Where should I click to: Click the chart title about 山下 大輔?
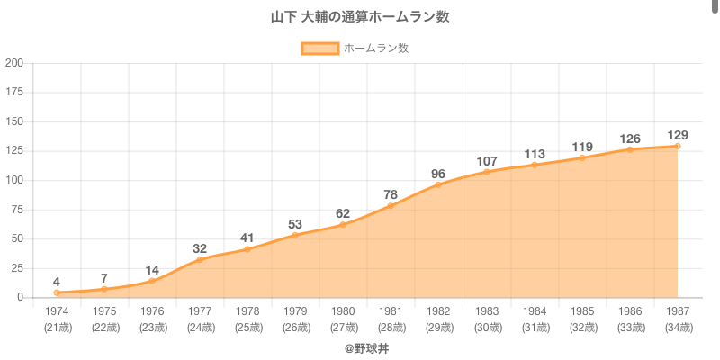pyautogui.click(x=360, y=17)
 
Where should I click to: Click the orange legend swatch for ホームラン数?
pyautogui.click(x=319, y=49)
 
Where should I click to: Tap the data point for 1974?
pyautogui.click(x=57, y=292)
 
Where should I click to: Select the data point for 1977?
pyautogui.click(x=200, y=259)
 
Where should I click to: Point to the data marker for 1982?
pyautogui.click(x=438, y=184)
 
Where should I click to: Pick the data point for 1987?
pyautogui.click(x=677, y=146)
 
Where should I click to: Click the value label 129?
pyautogui.click(x=677, y=134)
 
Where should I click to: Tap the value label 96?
pyautogui.click(x=438, y=174)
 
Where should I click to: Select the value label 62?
pyautogui.click(x=343, y=213)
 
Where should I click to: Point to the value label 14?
pyautogui.click(x=152, y=270)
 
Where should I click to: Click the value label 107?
pyautogui.click(x=486, y=161)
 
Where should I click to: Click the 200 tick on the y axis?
pyautogui.click(x=14, y=63)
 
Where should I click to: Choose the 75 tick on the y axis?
pyautogui.click(x=17, y=209)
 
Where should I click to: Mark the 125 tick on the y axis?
pyautogui.click(x=14, y=150)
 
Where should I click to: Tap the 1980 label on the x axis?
pyautogui.click(x=343, y=310)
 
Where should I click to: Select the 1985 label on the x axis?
pyautogui.click(x=581, y=310)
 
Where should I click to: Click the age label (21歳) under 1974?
pyautogui.click(x=57, y=327)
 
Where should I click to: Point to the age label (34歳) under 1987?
pyautogui.click(x=677, y=327)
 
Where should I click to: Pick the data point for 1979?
pyautogui.click(x=295, y=235)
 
